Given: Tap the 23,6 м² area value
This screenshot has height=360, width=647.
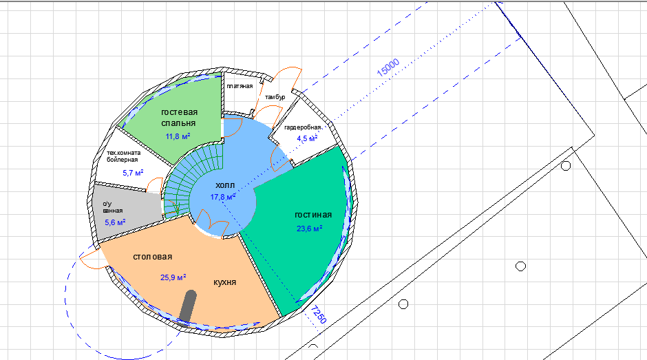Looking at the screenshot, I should tap(309, 229).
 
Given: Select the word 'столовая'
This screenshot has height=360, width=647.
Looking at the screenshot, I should tap(153, 256).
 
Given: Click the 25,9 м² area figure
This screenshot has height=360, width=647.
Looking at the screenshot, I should tap(173, 277).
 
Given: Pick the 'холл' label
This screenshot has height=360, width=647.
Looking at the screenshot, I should tap(225, 185).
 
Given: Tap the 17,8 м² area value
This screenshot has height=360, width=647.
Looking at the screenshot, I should tap(223, 197).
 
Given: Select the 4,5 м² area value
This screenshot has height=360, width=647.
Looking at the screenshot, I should tap(307, 138).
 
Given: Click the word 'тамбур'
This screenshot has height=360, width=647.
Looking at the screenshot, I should tap(275, 97).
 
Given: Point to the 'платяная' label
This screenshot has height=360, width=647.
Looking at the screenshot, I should tap(240, 86).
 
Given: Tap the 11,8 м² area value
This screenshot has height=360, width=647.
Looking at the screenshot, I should tap(178, 136).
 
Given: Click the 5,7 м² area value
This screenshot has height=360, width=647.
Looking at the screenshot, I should tap(133, 172).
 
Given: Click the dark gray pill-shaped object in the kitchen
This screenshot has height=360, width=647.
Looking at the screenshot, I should tap(188, 305).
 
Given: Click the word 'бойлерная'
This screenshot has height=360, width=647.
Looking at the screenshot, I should tap(123, 160).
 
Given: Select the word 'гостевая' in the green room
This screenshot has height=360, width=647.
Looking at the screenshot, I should tap(180, 112).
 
